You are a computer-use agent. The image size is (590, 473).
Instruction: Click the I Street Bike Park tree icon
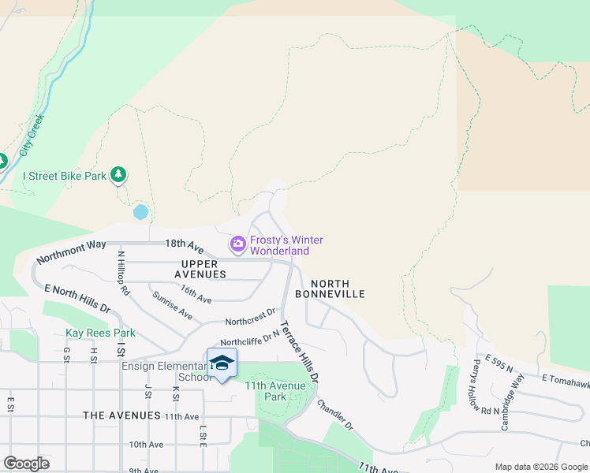point(118,175)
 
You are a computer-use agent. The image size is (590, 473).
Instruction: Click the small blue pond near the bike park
point(140,212)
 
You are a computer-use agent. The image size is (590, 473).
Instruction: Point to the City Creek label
point(33,135)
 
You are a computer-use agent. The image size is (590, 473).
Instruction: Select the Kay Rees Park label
point(100,333)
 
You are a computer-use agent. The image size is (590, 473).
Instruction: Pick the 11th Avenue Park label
point(276,391)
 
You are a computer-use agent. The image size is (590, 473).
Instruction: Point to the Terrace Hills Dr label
point(301,352)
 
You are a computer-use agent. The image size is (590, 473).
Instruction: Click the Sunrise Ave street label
point(173,308)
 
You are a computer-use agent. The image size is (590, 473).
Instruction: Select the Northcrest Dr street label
point(250,317)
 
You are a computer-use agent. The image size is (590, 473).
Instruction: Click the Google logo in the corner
point(26,463)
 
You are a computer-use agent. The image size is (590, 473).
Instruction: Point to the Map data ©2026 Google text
point(540,467)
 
